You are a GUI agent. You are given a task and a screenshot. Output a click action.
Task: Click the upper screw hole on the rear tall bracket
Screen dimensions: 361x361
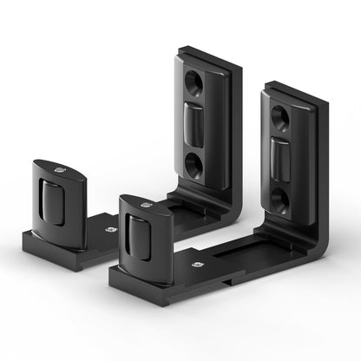click(194, 84)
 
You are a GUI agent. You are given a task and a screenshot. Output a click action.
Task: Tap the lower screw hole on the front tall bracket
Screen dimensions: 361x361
click(279, 200)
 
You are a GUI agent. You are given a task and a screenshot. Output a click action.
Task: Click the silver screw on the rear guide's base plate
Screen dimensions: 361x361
click(111, 230)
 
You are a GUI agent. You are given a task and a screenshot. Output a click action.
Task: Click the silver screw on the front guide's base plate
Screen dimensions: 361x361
click(198, 263)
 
